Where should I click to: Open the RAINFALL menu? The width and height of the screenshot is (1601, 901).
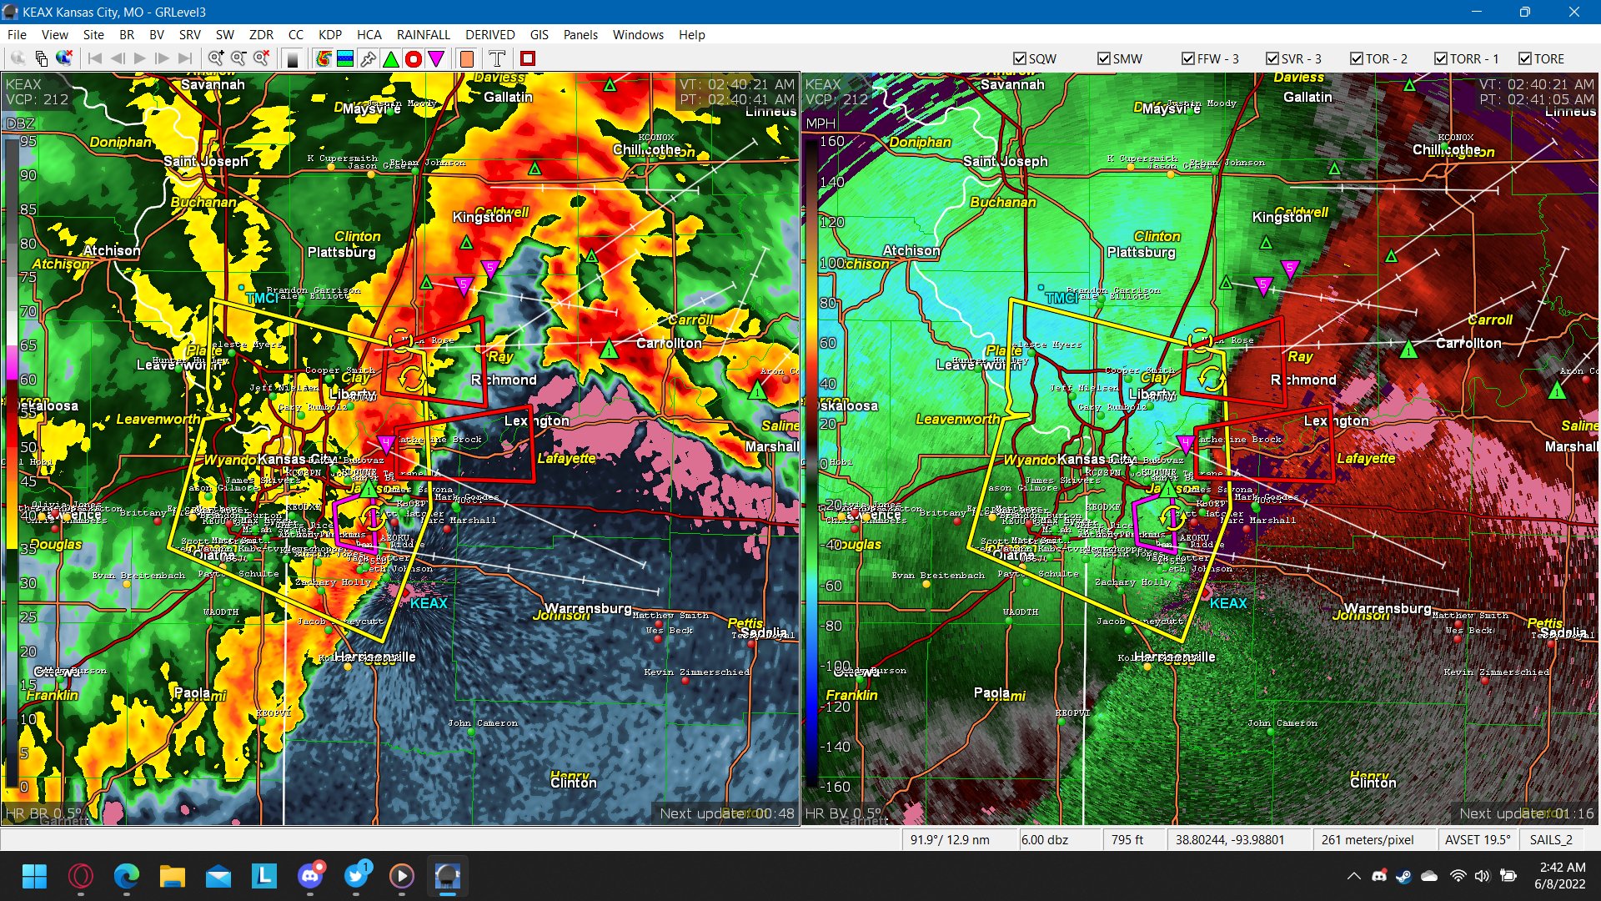pyautogui.click(x=423, y=35)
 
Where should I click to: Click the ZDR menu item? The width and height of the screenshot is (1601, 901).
pyautogui.click(x=261, y=35)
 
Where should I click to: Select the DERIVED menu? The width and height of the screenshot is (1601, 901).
pyautogui.click(x=489, y=35)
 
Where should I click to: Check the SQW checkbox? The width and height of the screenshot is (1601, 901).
pyautogui.click(x=1020, y=58)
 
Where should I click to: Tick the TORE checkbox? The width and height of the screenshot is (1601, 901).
pyautogui.click(x=1525, y=58)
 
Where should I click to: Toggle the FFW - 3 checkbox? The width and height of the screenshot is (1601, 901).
pyautogui.click(x=1188, y=58)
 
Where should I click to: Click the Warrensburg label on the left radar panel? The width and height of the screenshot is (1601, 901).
pyautogui.click(x=588, y=608)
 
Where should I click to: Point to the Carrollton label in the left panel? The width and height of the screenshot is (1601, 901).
pyautogui.click(x=669, y=343)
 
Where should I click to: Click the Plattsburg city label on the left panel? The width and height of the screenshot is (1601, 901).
pyautogui.click(x=342, y=252)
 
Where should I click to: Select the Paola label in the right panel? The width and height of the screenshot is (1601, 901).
pyautogui.click(x=991, y=692)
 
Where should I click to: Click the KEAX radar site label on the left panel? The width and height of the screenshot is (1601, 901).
pyautogui.click(x=429, y=603)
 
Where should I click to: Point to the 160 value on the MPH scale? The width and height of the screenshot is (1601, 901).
pyautogui.click(x=832, y=141)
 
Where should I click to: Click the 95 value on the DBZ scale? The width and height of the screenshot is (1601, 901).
pyautogui.click(x=28, y=141)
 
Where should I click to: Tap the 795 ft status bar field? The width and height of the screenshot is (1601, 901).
pyautogui.click(x=1127, y=839)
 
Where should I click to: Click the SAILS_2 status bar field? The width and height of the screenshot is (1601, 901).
pyautogui.click(x=1551, y=839)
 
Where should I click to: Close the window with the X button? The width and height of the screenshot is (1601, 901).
pyautogui.click(x=1573, y=12)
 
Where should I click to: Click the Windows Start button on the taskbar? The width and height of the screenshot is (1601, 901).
pyautogui.click(x=34, y=876)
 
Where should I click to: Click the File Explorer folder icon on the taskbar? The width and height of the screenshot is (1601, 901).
pyautogui.click(x=172, y=876)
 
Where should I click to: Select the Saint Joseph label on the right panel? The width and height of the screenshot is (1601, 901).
pyautogui.click(x=1005, y=161)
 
